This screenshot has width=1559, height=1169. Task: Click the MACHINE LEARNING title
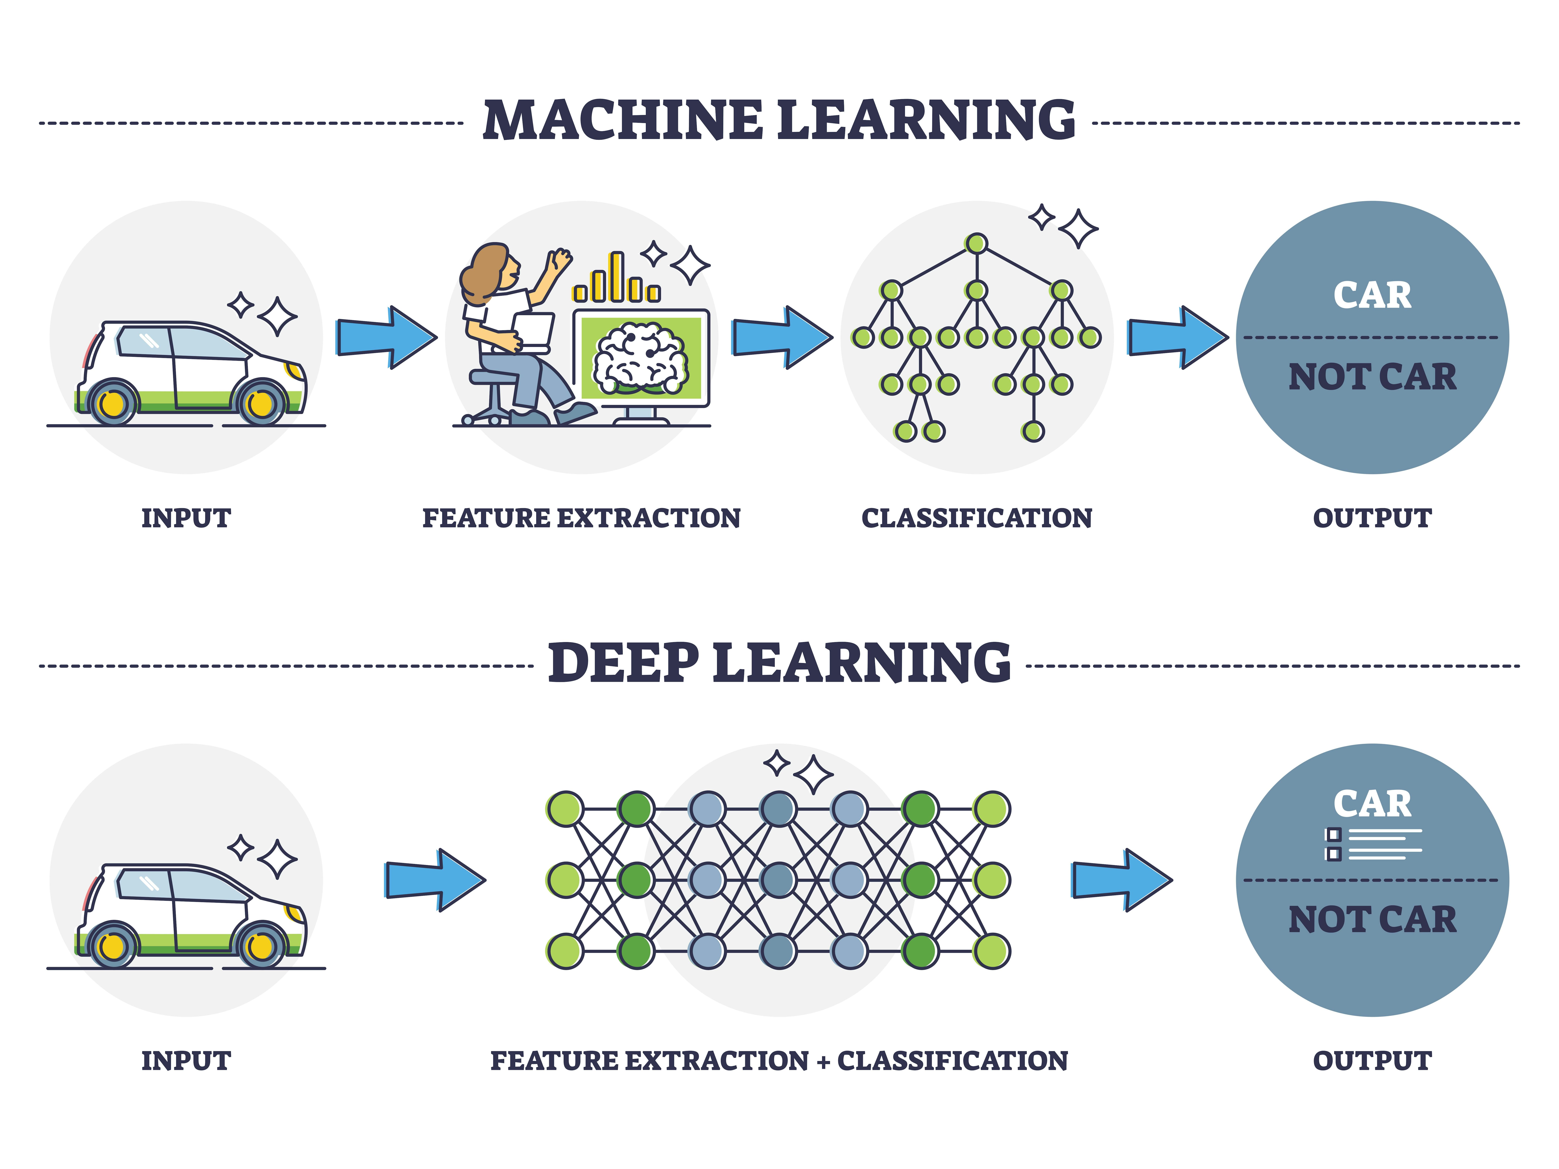[779, 120]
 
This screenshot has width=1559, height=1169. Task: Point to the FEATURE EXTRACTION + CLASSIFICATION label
[779, 1061]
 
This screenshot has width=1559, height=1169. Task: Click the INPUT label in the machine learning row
[186, 518]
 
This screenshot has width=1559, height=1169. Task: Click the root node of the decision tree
[976, 244]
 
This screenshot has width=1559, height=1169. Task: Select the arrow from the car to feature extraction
[386, 337]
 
